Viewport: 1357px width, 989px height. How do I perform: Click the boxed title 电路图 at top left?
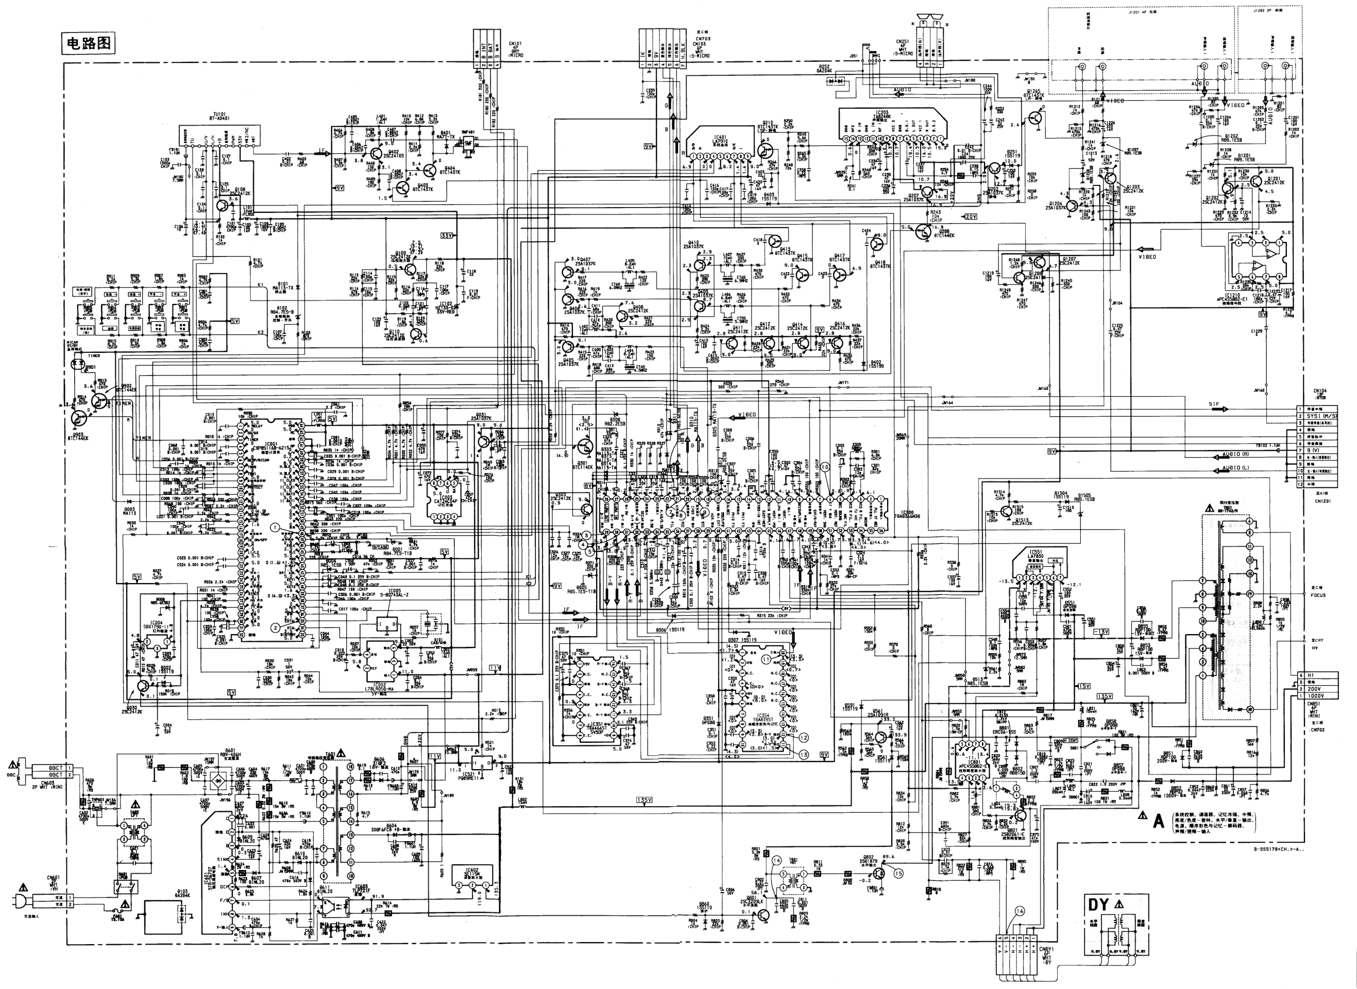[x=88, y=43]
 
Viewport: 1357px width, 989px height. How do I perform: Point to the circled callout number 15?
[x=898, y=874]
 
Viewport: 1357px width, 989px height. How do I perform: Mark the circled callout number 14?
[x=777, y=860]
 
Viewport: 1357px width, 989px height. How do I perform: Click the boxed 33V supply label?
[x=447, y=236]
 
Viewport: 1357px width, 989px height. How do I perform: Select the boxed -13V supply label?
[x=1101, y=632]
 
